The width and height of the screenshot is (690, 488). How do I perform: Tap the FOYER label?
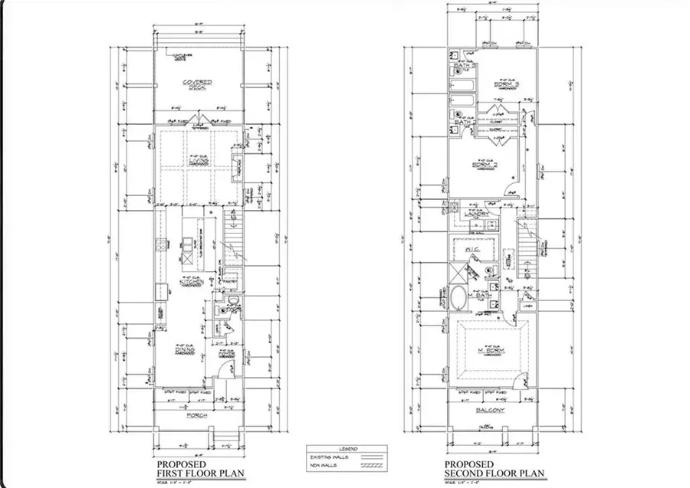point(226,354)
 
